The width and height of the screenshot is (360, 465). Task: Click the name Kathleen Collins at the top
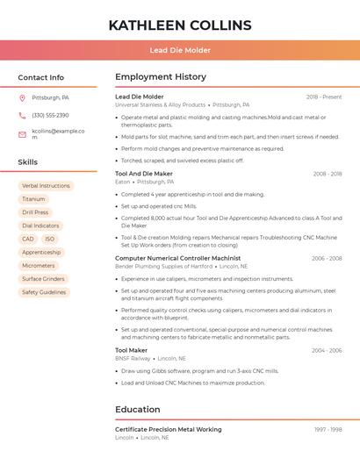coord(179,25)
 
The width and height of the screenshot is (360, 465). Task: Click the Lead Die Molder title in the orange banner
coord(180,50)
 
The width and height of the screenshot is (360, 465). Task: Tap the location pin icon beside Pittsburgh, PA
coord(22,97)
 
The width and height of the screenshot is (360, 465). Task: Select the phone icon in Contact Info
coord(22,115)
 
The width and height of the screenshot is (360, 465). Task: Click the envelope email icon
coord(22,134)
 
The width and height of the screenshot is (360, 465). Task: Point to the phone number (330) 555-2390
coord(50,115)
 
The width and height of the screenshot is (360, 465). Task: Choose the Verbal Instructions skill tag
coord(46,186)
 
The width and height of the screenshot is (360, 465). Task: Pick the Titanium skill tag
coord(33,199)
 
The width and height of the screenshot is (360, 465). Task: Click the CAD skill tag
coord(28,239)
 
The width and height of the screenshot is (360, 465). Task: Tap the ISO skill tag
coord(49,239)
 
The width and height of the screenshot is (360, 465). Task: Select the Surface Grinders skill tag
coord(43,279)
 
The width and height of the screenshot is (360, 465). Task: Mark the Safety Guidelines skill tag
coord(44,292)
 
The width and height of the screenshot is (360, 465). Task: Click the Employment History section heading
coord(161,77)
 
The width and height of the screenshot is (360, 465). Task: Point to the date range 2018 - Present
coord(324,97)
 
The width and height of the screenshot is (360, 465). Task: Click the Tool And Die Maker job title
coord(144,174)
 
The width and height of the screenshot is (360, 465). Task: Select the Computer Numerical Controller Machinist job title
coord(177,258)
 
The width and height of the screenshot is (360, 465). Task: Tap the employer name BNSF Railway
coord(133,358)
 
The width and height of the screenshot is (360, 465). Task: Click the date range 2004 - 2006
coord(327,350)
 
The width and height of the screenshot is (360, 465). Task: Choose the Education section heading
coord(138,409)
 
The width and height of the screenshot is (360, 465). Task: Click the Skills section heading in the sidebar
coord(28,162)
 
